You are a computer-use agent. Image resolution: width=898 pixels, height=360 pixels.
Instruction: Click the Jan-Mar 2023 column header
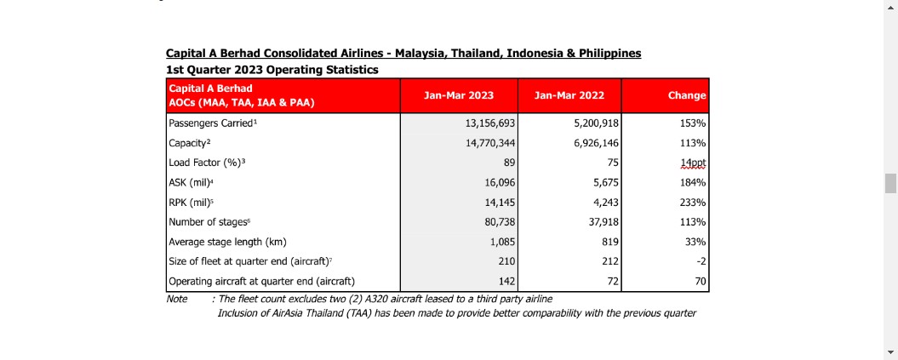[x=458, y=95]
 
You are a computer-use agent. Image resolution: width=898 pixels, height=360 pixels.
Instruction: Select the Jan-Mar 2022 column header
[x=569, y=95]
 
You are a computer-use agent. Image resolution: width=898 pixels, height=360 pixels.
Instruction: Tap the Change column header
[x=687, y=95]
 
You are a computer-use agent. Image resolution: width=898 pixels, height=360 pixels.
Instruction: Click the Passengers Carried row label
[x=211, y=123]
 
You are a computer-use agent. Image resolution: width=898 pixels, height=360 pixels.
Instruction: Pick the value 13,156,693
[x=491, y=123]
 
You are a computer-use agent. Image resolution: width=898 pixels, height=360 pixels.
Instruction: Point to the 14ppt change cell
[x=693, y=163]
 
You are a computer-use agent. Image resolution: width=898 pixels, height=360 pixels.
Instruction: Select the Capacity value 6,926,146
[x=597, y=143]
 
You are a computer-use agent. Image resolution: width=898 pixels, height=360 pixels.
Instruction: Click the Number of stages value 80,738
[x=500, y=222]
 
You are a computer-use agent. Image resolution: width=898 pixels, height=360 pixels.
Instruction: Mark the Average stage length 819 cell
[x=610, y=242]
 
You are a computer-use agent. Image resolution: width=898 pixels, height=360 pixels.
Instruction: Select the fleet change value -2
[x=701, y=261]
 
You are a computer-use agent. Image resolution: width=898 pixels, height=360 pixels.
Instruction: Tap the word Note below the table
[x=177, y=299]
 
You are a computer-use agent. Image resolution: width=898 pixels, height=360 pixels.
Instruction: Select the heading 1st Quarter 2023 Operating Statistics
[x=272, y=70]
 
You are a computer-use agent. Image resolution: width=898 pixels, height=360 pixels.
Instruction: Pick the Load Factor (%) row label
[x=207, y=163]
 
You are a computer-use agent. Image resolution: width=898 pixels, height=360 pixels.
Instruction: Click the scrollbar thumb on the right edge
[x=890, y=184]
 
